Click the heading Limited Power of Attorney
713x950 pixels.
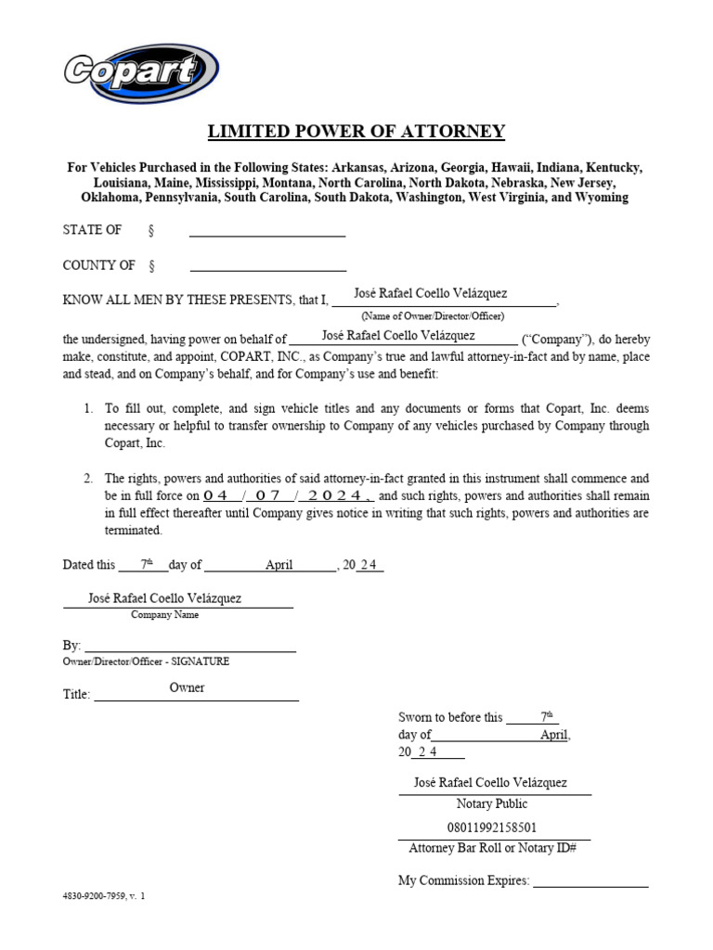coord(356,131)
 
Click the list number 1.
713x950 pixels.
coord(88,408)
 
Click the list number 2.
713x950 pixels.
coord(88,479)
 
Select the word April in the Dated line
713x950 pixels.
coord(279,564)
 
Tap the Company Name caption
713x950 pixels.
coord(164,614)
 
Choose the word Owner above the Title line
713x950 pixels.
coord(187,687)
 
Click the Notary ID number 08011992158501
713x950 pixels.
coord(491,827)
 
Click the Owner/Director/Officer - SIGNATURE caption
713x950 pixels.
coord(146,661)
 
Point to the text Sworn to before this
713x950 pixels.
coord(450,717)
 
